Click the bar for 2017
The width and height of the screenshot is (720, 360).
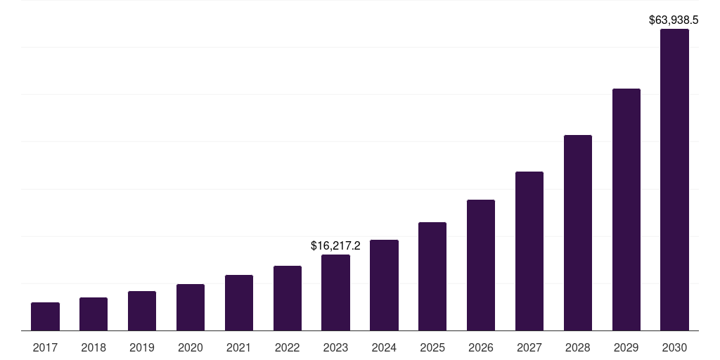[x=45, y=316]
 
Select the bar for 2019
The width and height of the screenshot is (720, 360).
[x=142, y=311]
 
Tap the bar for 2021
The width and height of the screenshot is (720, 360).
[x=239, y=302]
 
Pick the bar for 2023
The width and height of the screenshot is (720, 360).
[x=335, y=292]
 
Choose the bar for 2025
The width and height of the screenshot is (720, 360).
[x=432, y=276]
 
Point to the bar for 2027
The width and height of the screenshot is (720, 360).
[x=529, y=251]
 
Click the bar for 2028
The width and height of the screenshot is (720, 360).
[x=578, y=233]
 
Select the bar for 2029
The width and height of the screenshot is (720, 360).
[x=626, y=210]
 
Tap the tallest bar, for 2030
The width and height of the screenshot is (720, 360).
[x=674, y=180]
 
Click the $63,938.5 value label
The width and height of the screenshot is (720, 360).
[x=674, y=20]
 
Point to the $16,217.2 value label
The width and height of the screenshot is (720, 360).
[x=335, y=245]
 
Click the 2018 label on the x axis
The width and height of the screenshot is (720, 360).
[x=94, y=347]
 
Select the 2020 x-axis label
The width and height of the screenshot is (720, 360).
[x=191, y=347]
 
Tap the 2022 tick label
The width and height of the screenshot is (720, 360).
[x=288, y=347]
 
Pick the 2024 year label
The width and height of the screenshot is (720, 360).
[x=384, y=347]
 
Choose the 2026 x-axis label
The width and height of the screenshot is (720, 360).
[x=481, y=347]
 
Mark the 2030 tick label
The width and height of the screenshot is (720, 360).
[x=674, y=347]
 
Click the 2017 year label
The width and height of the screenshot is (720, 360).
[x=45, y=347]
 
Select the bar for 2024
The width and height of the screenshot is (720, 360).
[x=384, y=285]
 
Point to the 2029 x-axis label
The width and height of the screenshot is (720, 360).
[x=626, y=347]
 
